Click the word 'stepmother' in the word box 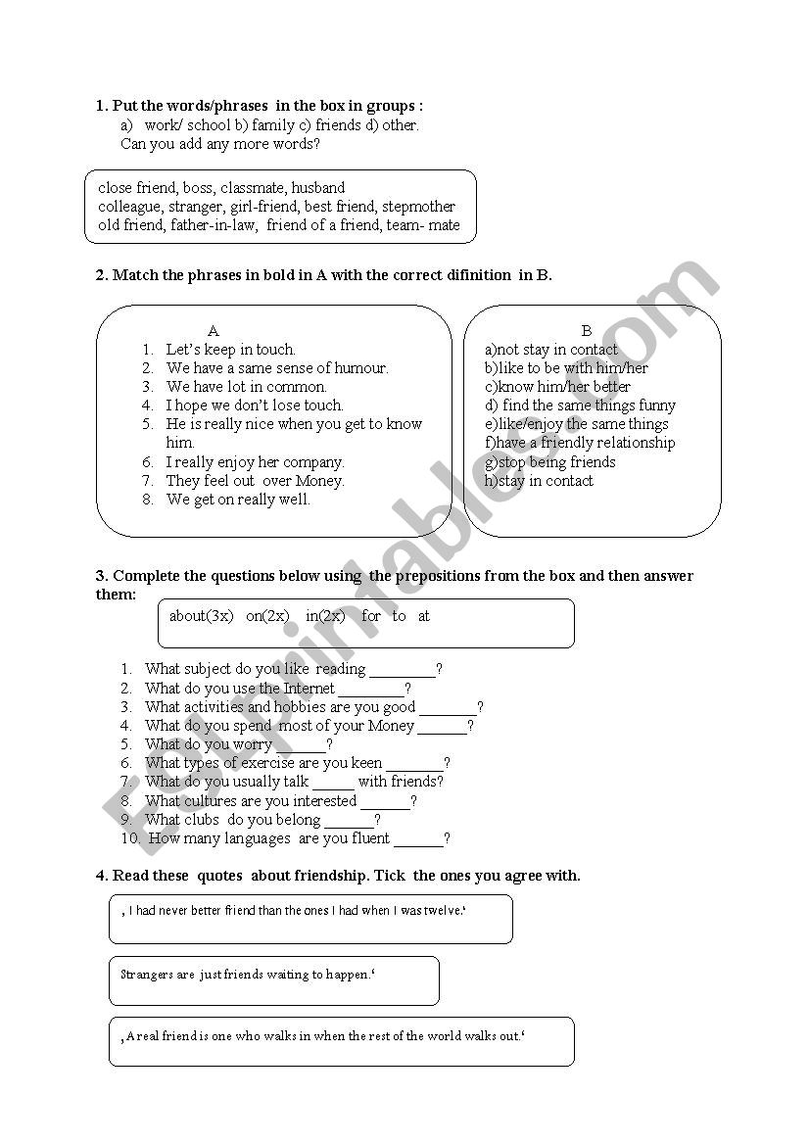click(x=418, y=207)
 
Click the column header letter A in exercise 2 click(x=214, y=331)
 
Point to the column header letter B click(x=587, y=331)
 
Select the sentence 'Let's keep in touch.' click(x=230, y=350)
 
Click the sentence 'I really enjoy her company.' click(x=255, y=462)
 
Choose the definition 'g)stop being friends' click(x=550, y=462)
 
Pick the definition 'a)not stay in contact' click(x=551, y=350)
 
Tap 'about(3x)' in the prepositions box click(x=202, y=616)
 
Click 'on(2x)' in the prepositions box click(x=267, y=616)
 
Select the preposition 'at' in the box click(x=424, y=616)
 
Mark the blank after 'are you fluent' click(x=418, y=840)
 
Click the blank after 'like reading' click(x=403, y=671)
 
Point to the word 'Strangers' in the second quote click(x=144, y=975)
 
